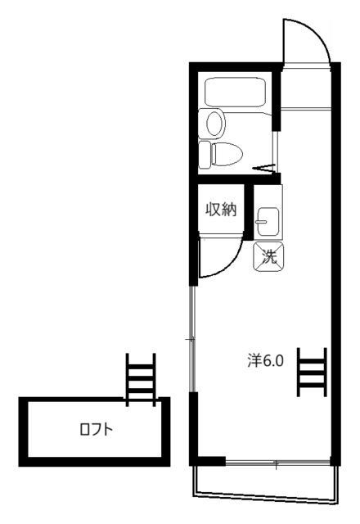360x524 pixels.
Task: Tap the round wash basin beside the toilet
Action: point(214,124)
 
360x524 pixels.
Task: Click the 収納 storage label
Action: point(220,210)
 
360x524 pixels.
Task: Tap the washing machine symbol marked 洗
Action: point(268,255)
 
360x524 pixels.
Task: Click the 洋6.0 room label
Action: point(265,359)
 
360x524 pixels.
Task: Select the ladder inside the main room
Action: point(312,370)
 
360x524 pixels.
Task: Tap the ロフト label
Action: point(96,429)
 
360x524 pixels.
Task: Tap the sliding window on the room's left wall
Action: point(191,339)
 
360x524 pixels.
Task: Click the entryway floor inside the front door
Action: point(306,86)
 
